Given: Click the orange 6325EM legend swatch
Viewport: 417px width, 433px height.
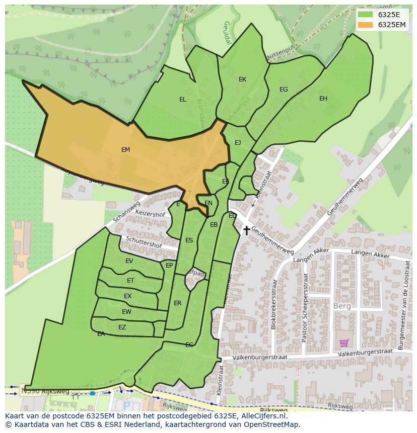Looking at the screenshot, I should pos(365,25).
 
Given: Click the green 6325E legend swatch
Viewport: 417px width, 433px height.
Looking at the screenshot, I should pos(365,15).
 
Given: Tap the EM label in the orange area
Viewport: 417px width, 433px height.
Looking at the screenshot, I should pos(125,150).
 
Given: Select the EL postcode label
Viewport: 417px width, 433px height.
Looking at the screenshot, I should pos(182,100).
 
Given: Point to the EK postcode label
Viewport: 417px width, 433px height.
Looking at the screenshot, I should pos(242,79).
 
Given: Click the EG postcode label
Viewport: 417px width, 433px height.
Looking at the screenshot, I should pos(284,90).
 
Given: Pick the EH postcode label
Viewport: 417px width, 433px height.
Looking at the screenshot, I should pos(323,99).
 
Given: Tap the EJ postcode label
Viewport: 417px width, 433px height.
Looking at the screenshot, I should pos(238,143).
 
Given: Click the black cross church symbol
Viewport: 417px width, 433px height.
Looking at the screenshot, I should pos(246,230).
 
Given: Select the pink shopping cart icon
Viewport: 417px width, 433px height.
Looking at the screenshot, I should pos(344,343).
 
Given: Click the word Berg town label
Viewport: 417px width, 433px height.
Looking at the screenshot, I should pos(341,306).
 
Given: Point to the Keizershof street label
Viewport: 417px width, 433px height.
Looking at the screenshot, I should pos(151,214).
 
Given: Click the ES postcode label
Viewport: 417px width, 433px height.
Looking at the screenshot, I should pos(189,240).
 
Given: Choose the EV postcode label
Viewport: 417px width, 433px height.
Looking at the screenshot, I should pos(129,261).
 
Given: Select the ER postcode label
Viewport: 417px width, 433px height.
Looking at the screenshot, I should pos(177,303).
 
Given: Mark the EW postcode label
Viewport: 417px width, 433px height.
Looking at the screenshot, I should pos(126,312).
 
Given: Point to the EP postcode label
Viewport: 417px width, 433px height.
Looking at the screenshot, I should pos(169,266).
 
